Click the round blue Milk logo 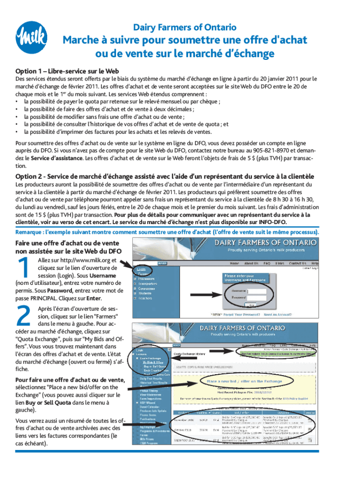point(32,37)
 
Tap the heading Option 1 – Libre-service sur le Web point(67,71)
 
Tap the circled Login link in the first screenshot point(140,270)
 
